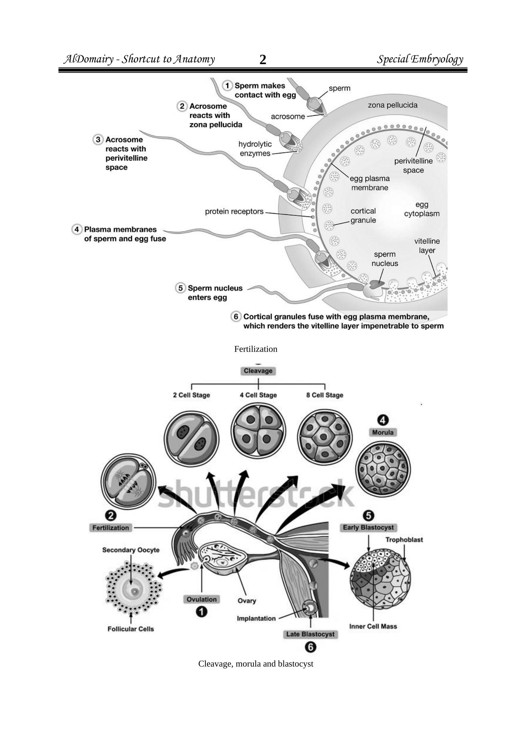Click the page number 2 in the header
(263, 60)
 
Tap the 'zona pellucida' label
(392, 105)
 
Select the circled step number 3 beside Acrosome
(98, 139)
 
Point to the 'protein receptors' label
(234, 212)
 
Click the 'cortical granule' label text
(363, 215)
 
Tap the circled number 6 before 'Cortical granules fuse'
(236, 317)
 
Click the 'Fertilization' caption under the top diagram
(256, 349)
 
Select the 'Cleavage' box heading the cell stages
(258, 371)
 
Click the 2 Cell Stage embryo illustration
(191, 440)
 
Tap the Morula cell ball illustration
(383, 469)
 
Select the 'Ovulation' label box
(202, 599)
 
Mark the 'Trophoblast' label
(404, 540)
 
